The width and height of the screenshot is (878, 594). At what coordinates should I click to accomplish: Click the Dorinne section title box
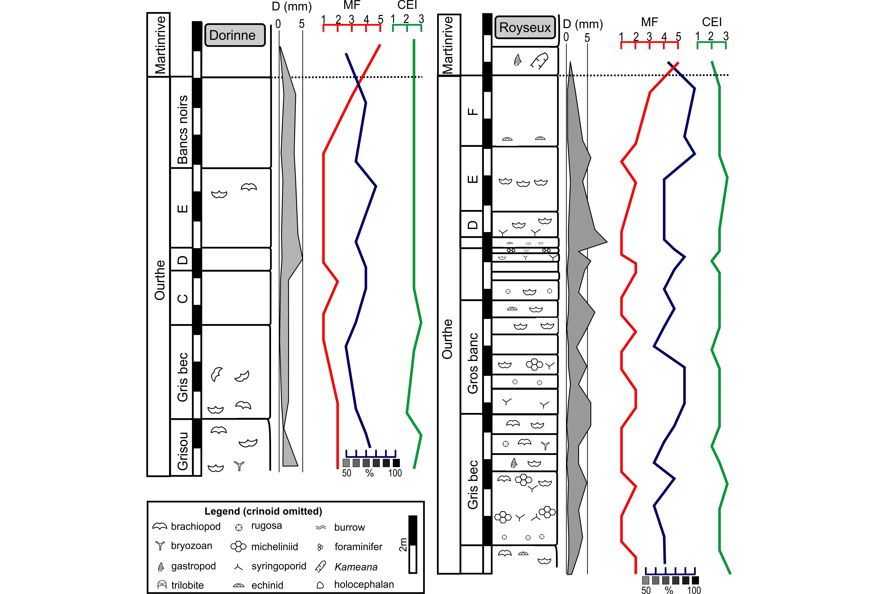tap(234, 35)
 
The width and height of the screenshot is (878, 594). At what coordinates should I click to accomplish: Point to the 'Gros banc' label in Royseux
tap(473, 363)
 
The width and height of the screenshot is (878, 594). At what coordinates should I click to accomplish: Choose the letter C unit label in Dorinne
tap(183, 298)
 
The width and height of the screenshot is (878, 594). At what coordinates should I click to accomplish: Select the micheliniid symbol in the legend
tap(238, 546)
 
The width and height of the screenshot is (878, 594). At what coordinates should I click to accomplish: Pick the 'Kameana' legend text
tap(356, 567)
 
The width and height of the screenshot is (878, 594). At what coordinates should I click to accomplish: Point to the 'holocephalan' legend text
tap(364, 585)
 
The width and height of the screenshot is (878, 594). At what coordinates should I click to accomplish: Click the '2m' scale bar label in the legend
tap(403, 544)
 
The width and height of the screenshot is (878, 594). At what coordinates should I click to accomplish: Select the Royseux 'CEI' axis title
tap(712, 22)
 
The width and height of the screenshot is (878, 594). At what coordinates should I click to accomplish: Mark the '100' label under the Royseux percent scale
tap(694, 590)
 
